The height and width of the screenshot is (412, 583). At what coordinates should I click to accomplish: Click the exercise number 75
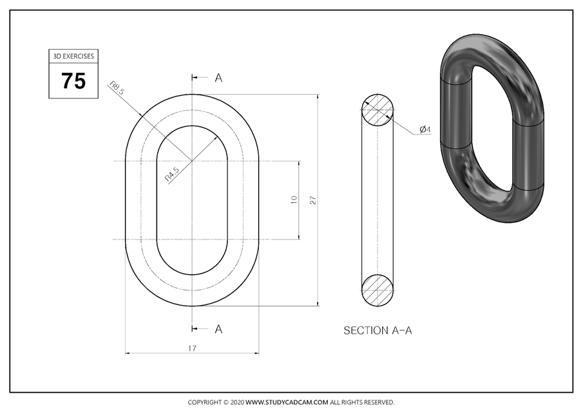tap(73, 81)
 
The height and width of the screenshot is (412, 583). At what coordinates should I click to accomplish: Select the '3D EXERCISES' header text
tap(73, 56)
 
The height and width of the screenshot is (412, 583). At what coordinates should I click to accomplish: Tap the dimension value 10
tap(294, 200)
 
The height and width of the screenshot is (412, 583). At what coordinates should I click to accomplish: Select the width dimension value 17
tap(192, 348)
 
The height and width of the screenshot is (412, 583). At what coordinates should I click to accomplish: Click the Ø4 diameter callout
tap(425, 130)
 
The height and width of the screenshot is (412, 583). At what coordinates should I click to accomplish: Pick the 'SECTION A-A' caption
tap(378, 331)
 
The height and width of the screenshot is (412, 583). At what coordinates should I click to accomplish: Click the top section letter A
tap(218, 78)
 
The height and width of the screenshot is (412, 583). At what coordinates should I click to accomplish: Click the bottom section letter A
tap(218, 329)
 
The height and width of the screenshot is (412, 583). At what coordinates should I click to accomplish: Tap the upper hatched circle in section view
tap(378, 110)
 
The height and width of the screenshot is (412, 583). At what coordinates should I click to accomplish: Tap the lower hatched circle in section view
tap(378, 290)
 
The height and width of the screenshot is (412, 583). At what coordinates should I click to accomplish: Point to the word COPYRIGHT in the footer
tap(204, 402)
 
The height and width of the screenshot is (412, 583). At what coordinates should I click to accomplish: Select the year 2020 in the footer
tap(236, 402)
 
